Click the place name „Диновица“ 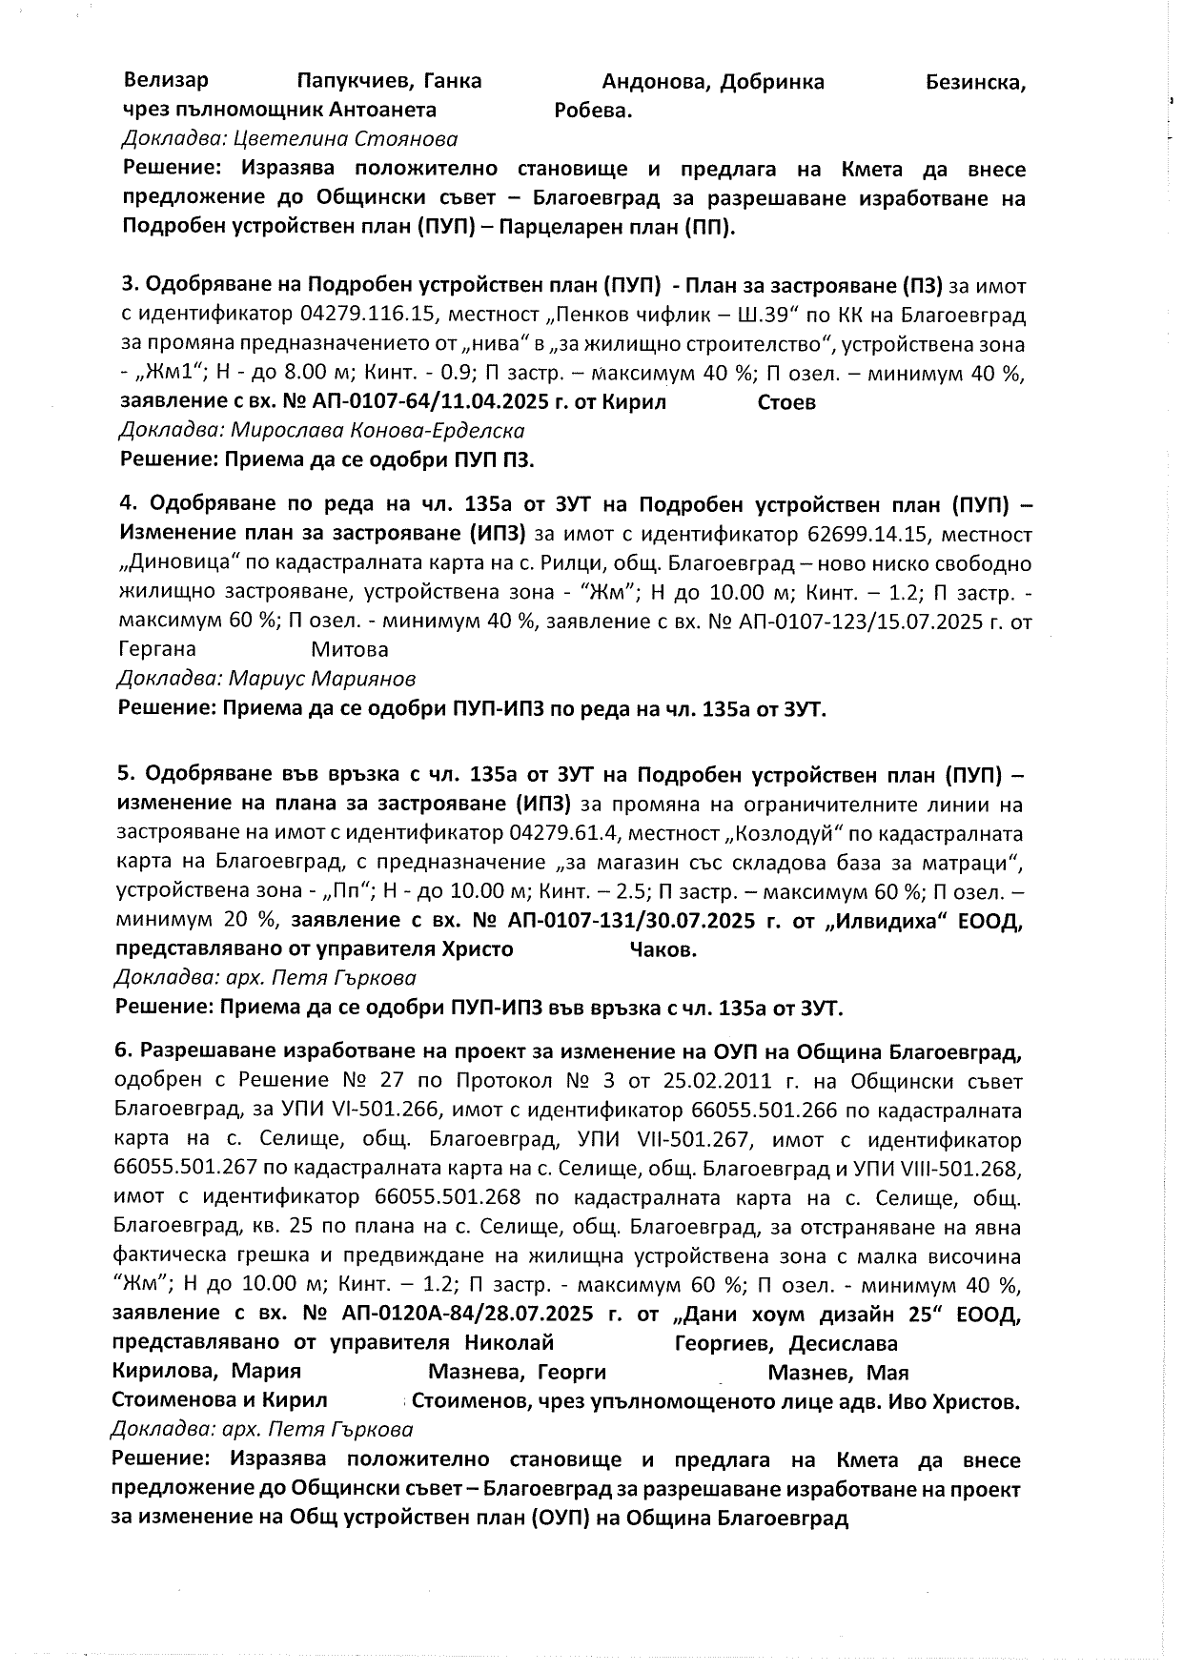(x=165, y=564)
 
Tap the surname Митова (x=350, y=650)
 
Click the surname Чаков (x=663, y=950)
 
